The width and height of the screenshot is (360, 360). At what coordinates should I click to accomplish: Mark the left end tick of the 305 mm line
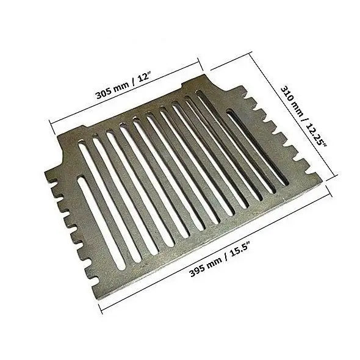(x=52, y=127)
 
